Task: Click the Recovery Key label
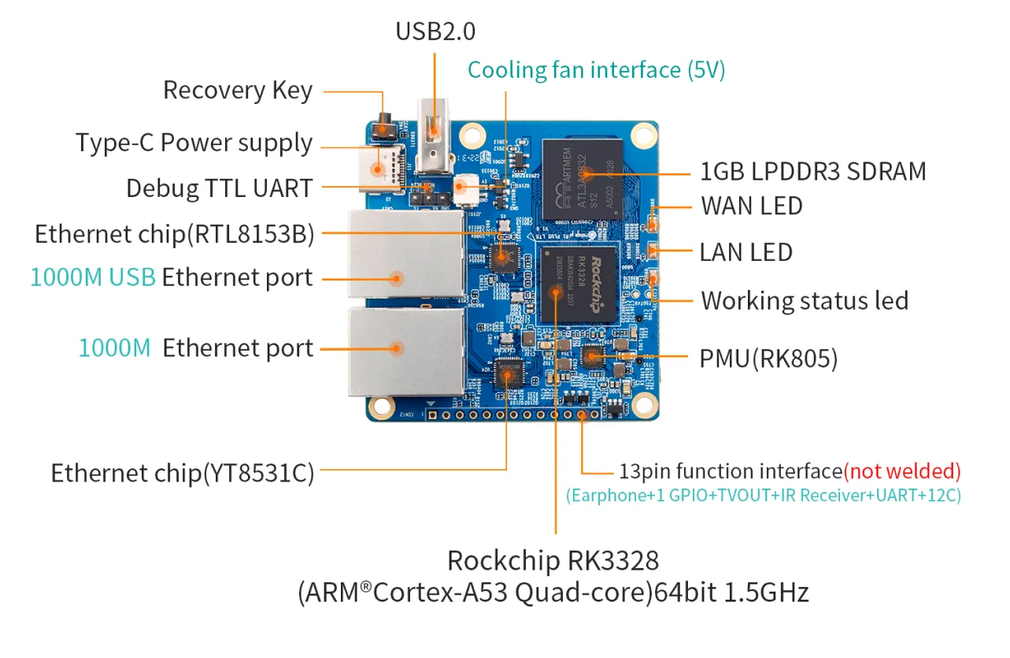click(238, 91)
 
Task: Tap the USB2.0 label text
click(435, 32)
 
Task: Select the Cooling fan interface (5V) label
click(596, 70)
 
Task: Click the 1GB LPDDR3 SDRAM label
click(813, 171)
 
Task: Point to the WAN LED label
click(752, 206)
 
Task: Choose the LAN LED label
click(745, 252)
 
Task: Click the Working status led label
click(805, 300)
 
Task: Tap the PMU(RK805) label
click(768, 359)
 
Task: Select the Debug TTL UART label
click(220, 188)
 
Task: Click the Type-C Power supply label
click(194, 143)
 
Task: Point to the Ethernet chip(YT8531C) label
click(183, 473)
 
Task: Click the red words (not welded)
click(902, 471)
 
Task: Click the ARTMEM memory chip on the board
click(582, 180)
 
